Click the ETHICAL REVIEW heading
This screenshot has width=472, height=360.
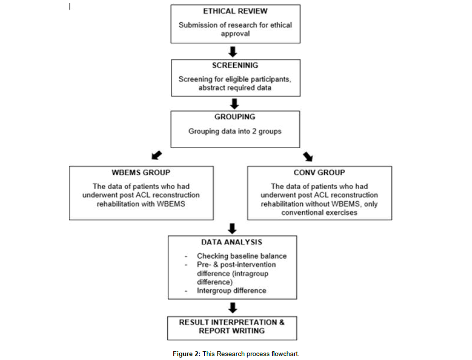pyautogui.click(x=235, y=11)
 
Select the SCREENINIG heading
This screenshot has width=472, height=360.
pyautogui.click(x=235, y=65)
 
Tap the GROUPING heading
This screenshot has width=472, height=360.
pyautogui.click(x=235, y=117)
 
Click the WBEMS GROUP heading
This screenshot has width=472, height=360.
pyautogui.click(x=141, y=173)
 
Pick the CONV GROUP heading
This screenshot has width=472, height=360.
pyautogui.click(x=319, y=173)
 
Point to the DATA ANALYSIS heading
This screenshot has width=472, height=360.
pyautogui.click(x=232, y=242)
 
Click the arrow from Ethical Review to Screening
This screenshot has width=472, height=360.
pyautogui.click(x=233, y=52)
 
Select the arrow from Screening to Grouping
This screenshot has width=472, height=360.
pyautogui.click(x=234, y=104)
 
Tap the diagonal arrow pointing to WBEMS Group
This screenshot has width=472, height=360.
pyautogui.click(x=157, y=155)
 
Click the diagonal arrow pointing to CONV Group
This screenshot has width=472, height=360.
pyautogui.click(x=308, y=156)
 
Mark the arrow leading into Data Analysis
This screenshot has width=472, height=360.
pyautogui.click(x=232, y=229)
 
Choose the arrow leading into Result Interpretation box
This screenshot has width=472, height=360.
pyautogui.click(x=233, y=308)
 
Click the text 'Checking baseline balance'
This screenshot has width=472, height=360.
pyautogui.click(x=242, y=256)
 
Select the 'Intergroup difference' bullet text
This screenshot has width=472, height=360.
pyautogui.click(x=231, y=291)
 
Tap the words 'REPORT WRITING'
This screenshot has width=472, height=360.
pyautogui.click(x=232, y=331)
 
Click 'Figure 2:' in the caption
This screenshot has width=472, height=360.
pyautogui.click(x=187, y=354)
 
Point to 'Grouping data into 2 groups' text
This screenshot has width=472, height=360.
pyautogui.click(x=235, y=131)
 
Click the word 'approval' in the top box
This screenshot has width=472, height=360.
pyautogui.click(x=235, y=34)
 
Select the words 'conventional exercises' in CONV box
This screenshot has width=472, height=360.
pyautogui.click(x=319, y=213)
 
